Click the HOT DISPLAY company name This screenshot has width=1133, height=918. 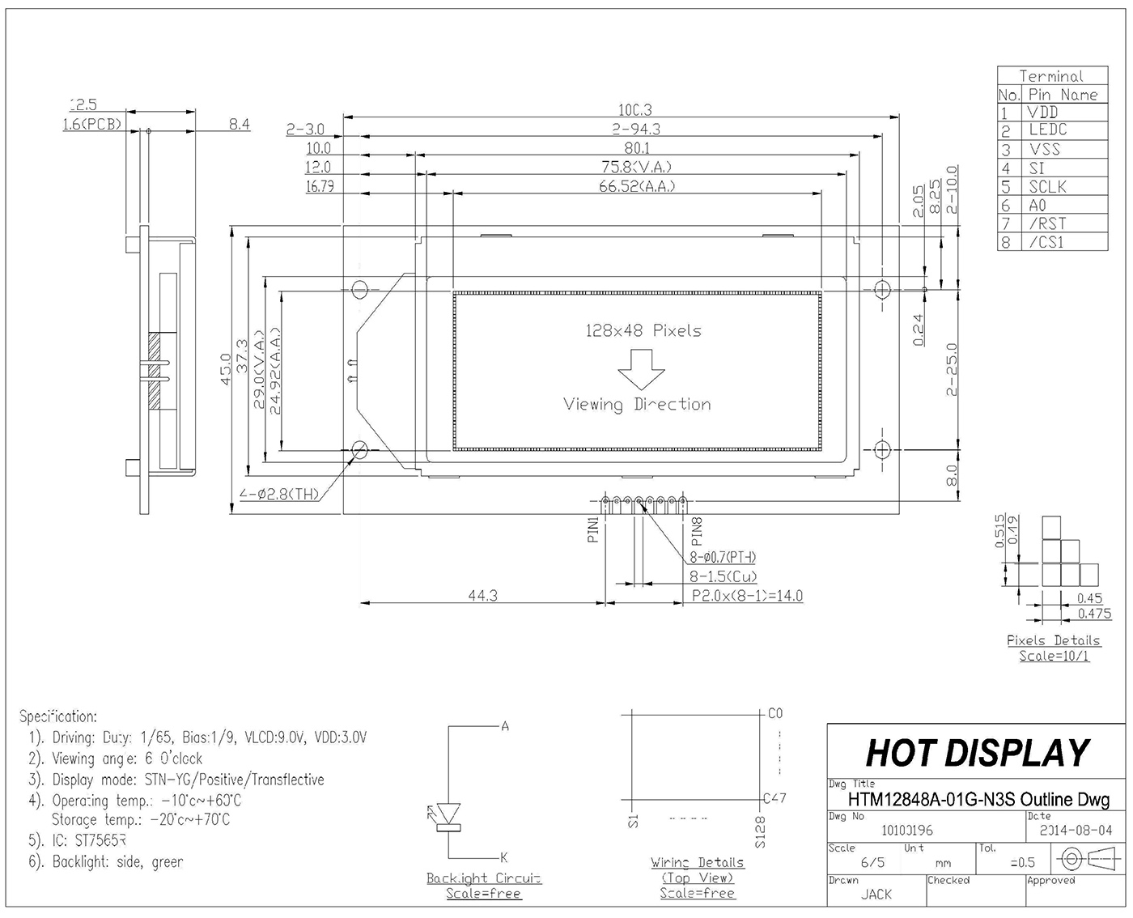point(978,753)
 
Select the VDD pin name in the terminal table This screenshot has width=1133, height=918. point(1043,113)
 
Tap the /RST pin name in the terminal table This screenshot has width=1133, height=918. point(1047,223)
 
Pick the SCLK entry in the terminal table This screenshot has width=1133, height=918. point(1047,186)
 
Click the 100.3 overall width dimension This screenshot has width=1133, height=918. point(634,109)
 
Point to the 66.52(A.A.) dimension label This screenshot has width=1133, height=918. point(636,186)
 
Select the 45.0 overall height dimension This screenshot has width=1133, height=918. point(226,370)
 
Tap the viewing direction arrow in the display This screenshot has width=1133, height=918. point(641,369)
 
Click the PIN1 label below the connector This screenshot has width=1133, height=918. point(593,529)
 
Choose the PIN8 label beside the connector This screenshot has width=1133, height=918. point(698,529)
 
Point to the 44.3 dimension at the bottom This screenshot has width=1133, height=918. point(482,595)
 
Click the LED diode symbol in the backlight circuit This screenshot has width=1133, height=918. point(448,814)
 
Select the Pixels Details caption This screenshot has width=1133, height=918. point(1053,640)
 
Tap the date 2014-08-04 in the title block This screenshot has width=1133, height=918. point(1076,830)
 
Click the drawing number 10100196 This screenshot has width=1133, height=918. point(906,830)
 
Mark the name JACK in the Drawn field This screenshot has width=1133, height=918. point(876,894)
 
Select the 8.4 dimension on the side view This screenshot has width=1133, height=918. point(240,125)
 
